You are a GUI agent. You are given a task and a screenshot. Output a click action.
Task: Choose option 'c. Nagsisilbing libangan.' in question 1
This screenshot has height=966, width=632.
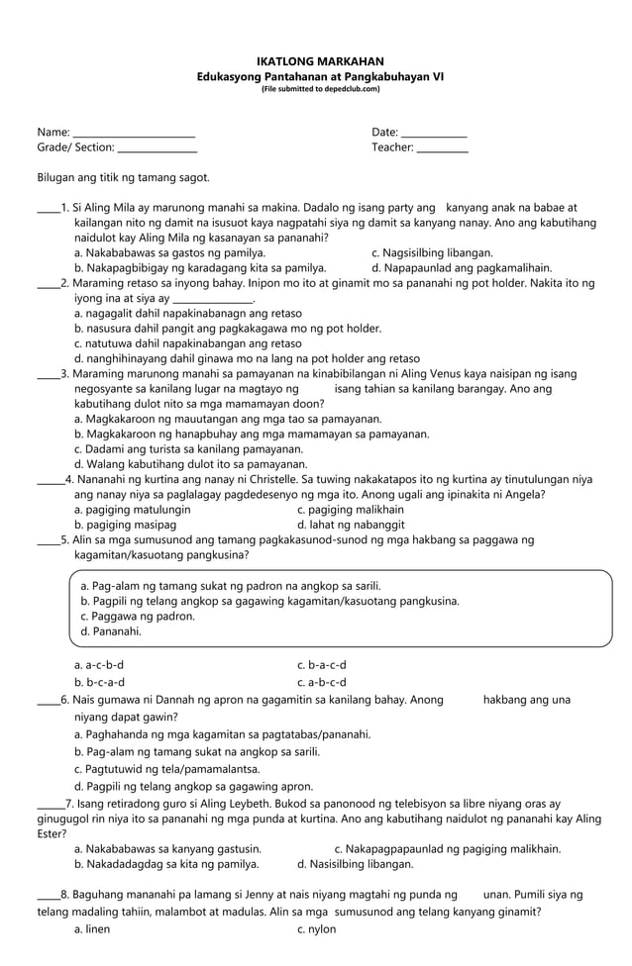pos(431,253)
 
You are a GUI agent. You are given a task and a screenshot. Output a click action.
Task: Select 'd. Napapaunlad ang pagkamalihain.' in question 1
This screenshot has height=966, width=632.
pos(461,268)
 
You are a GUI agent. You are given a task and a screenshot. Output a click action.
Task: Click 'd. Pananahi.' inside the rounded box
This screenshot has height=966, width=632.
pos(110,630)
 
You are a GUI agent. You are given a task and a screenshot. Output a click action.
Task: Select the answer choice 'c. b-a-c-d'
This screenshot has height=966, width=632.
pos(321,665)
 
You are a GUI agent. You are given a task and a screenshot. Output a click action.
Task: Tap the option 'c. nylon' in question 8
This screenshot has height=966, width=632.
pos(316,929)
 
